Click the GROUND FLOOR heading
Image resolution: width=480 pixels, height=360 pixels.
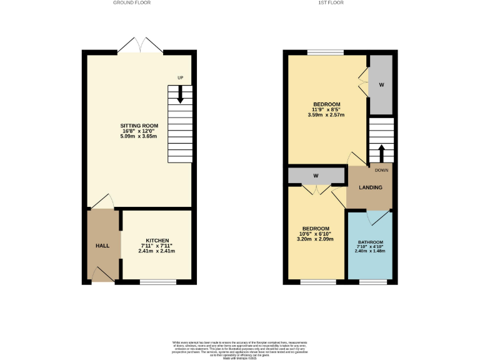[x=132, y=2]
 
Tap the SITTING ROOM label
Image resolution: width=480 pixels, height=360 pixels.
[x=139, y=126]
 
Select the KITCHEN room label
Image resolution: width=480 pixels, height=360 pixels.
[x=157, y=240]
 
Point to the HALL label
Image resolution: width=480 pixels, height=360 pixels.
[x=102, y=246]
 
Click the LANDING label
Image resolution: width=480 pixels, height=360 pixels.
[x=369, y=187]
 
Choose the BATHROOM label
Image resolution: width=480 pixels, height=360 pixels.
[x=371, y=242]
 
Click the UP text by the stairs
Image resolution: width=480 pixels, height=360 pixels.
[x=180, y=78]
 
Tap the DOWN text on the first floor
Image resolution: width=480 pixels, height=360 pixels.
[x=382, y=169]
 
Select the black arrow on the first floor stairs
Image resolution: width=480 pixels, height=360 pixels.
[x=381, y=152]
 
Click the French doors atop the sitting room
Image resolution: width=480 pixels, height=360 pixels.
[x=141, y=46]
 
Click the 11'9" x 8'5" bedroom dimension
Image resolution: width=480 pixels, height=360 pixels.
[x=326, y=109]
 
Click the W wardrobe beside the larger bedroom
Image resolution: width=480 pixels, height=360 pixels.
[x=381, y=85]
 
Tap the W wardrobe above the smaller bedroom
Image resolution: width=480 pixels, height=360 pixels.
[x=316, y=176]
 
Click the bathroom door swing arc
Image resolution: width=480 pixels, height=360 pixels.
[x=377, y=217]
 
